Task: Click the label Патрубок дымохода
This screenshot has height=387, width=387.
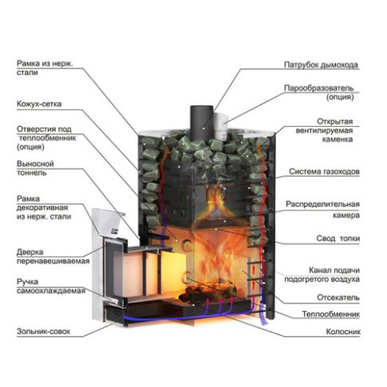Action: (321, 65)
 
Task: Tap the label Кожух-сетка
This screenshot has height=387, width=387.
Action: (39, 104)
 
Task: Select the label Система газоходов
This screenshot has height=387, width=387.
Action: (324, 171)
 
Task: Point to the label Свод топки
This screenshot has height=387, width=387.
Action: (337, 238)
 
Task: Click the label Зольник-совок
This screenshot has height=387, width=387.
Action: (43, 331)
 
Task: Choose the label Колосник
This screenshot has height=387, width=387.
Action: (343, 331)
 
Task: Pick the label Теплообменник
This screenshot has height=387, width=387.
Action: (330, 314)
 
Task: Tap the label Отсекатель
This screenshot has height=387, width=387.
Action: (338, 297)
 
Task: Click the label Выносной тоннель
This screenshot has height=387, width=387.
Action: (35, 168)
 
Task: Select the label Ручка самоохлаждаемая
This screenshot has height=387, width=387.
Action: (51, 286)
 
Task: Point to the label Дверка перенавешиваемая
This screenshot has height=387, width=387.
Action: (53, 256)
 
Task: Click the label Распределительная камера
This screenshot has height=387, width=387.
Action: (323, 210)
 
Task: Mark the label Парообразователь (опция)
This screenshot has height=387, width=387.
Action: (319, 92)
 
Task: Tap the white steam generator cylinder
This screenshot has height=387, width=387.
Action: (221, 125)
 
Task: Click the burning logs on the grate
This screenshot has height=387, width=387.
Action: (208, 290)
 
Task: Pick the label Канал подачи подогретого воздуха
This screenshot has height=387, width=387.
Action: (322, 275)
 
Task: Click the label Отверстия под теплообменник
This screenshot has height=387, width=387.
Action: (46, 138)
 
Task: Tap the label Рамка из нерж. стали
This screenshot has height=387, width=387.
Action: (45, 68)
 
